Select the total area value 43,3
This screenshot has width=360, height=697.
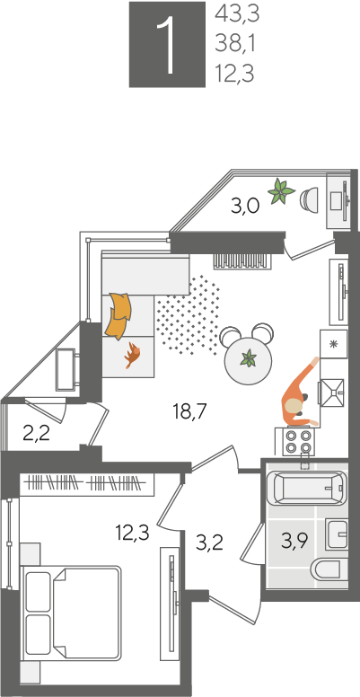coord(237,14)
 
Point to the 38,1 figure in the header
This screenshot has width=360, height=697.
coord(235,44)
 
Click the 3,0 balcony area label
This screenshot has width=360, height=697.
coord(245,207)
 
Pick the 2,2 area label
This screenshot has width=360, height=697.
coord(37,434)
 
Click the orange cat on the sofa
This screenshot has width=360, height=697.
coord(132,355)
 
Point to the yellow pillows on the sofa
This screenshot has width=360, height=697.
coord(119,314)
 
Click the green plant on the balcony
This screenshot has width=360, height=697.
coord(281,191)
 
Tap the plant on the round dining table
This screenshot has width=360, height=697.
coord(248,357)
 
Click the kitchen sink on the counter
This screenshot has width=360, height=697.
coord(331,392)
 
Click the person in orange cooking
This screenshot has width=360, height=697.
coord(299,393)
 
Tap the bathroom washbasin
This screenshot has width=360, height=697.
coord(336,534)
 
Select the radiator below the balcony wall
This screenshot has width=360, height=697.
coord(241,260)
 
